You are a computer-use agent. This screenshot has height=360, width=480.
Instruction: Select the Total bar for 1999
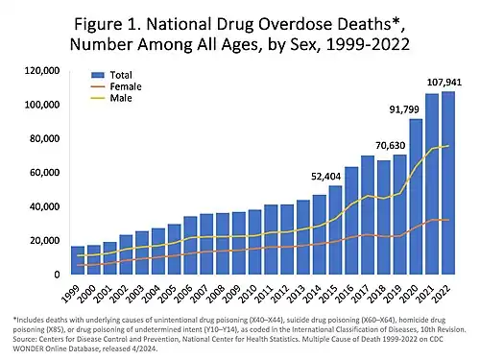(x=78, y=260)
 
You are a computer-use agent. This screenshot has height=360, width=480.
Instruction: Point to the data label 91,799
(x=405, y=108)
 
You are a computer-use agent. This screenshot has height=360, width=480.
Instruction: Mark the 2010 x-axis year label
(x=248, y=292)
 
